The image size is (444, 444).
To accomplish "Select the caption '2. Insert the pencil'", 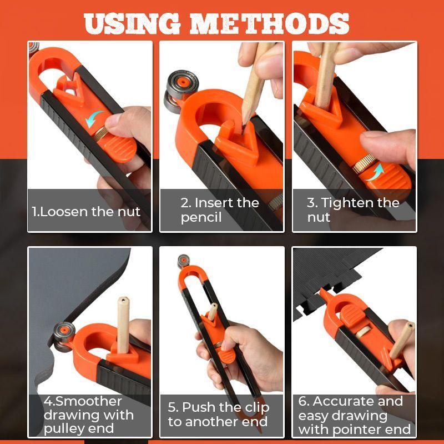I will tap(219, 210).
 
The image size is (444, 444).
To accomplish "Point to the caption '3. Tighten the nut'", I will tap(353, 210).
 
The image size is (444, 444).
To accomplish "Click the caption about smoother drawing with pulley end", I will tap(89, 415).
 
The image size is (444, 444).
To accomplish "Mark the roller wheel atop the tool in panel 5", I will tap(184, 261).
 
